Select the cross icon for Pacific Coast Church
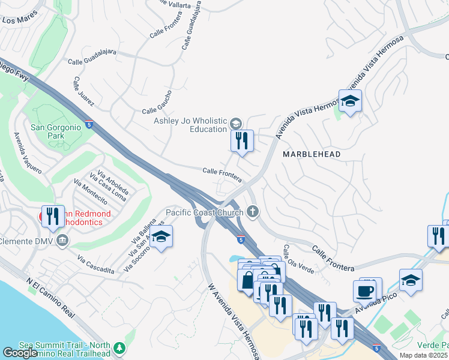[253, 211]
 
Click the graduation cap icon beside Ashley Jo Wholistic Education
[236, 124]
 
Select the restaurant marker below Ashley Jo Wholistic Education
[243, 141]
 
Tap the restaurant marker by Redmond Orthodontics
[52, 217]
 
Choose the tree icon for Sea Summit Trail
[120, 348]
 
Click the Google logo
[20, 353]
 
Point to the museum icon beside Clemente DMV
[62, 241]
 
